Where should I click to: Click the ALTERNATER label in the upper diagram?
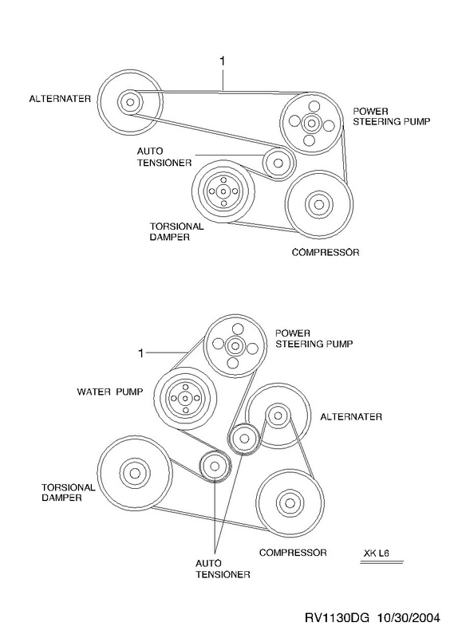click(x=60, y=99)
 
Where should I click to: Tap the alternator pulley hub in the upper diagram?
click(x=130, y=101)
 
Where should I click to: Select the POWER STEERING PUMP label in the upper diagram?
click(x=391, y=116)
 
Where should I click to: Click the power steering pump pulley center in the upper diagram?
click(x=311, y=122)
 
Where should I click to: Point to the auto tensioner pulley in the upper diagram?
click(x=278, y=163)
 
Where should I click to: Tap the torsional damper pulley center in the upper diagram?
click(x=223, y=191)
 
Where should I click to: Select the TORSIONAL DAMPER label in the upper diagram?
click(x=176, y=231)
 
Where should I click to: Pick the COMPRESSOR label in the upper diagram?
click(x=326, y=252)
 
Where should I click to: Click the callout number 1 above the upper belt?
click(x=223, y=61)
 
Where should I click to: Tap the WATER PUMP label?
click(x=110, y=392)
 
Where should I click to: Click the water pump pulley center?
click(x=185, y=398)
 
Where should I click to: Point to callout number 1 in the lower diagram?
click(x=141, y=353)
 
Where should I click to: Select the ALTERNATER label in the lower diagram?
click(x=351, y=416)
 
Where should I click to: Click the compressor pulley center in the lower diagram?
click(x=290, y=503)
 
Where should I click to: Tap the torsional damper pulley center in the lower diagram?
click(x=135, y=473)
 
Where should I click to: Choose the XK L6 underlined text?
click(x=376, y=553)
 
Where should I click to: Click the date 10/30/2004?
click(x=409, y=618)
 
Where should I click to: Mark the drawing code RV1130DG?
click(x=337, y=618)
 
